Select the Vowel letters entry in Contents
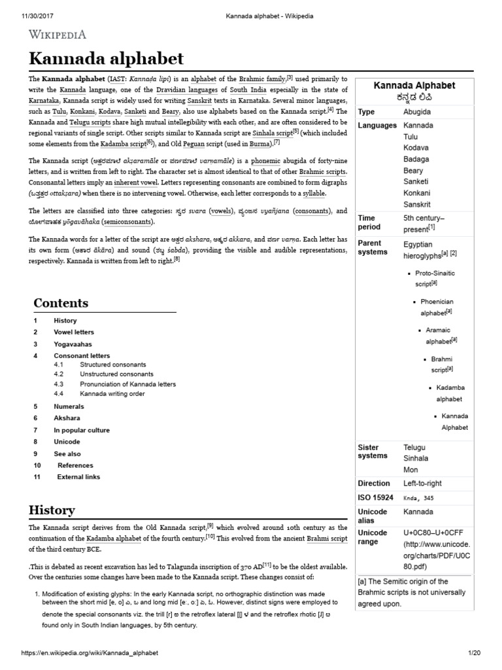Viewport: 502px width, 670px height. click(74, 332)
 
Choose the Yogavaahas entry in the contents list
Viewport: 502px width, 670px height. click(73, 344)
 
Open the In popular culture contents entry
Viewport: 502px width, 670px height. click(81, 430)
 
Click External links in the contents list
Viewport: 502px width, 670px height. click(78, 477)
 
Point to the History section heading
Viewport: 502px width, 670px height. click(52, 510)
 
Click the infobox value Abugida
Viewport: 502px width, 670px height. click(417, 112)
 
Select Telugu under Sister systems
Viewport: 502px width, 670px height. click(416, 448)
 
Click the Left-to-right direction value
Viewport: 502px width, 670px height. click(422, 484)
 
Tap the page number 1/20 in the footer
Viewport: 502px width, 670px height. click(474, 654)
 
